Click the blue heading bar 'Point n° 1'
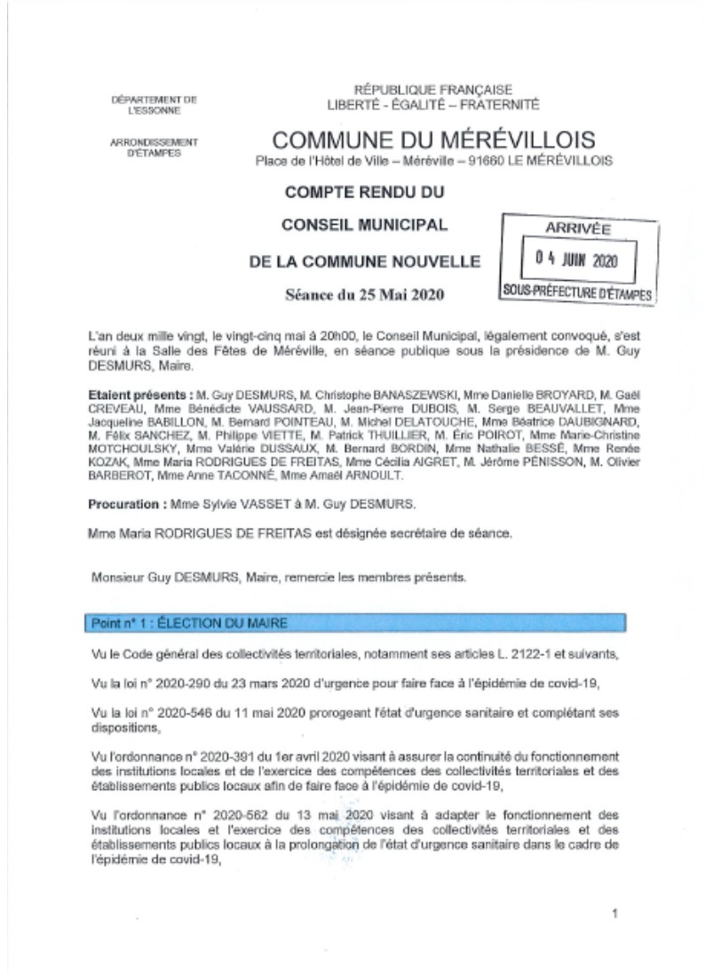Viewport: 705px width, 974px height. tap(355, 623)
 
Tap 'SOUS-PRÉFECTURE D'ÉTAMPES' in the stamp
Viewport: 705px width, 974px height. tap(576, 291)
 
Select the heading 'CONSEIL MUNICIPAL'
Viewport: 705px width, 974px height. tap(364, 225)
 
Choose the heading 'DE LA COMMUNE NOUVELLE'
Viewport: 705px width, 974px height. tap(365, 261)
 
